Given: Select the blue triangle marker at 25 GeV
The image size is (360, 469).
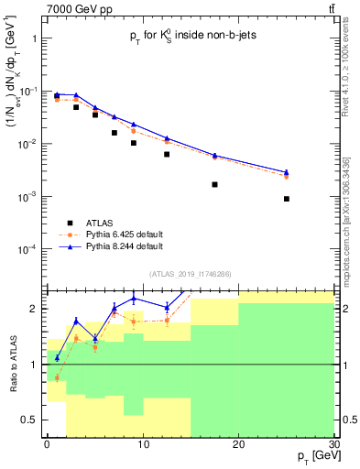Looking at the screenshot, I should click(287, 172).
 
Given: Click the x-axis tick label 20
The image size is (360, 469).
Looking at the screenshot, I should click(238, 444).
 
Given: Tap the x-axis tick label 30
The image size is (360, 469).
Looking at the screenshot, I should click(333, 444).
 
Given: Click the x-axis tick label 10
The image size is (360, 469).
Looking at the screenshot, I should click(142, 444).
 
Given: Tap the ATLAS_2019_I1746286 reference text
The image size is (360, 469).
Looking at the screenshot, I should click(190, 273).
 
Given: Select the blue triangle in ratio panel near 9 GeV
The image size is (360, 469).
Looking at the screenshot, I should click(134, 298).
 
